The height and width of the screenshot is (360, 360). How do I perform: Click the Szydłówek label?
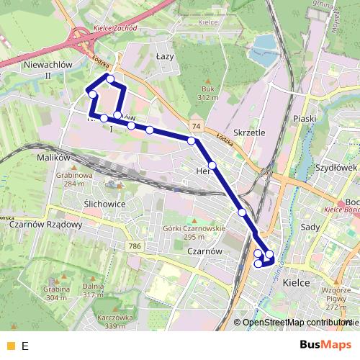[x=336, y=167]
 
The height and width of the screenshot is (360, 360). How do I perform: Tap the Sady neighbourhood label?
[x=311, y=226]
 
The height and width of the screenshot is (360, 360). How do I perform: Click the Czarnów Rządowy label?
[x=52, y=223]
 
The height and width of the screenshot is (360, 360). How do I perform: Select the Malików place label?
[x=52, y=156]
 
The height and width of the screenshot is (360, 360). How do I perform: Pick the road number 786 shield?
[x=135, y=246]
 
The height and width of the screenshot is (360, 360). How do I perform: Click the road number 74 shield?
[x=197, y=126]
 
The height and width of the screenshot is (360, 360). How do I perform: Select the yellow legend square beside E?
[x=10, y=346]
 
